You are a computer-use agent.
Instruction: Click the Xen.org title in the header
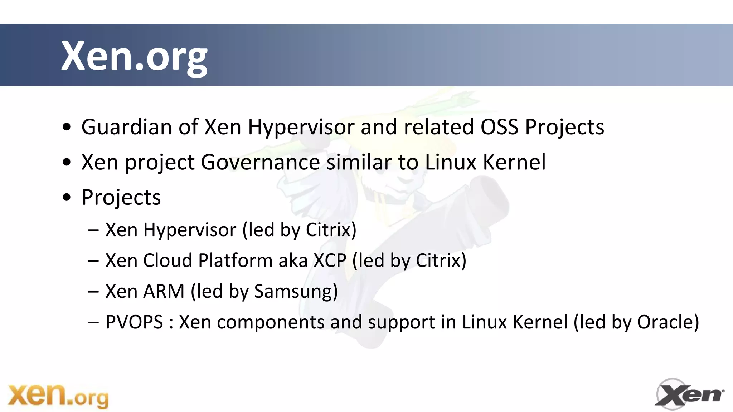click(x=134, y=56)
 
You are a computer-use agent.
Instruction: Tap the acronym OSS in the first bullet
click(x=499, y=127)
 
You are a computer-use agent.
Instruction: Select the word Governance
click(x=260, y=162)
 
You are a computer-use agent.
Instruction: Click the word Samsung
click(x=296, y=291)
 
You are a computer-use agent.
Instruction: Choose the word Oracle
click(x=668, y=322)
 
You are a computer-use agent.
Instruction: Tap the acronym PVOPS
click(x=134, y=322)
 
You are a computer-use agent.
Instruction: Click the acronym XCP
click(x=330, y=260)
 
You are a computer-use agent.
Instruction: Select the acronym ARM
click(x=164, y=291)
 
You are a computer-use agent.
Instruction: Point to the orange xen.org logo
click(x=58, y=396)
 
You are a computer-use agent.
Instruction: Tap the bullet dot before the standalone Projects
click(x=67, y=197)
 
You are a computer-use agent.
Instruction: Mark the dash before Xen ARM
click(x=93, y=292)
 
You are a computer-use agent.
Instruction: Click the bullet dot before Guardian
click(x=67, y=127)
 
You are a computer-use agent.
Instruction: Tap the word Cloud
click(x=168, y=260)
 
